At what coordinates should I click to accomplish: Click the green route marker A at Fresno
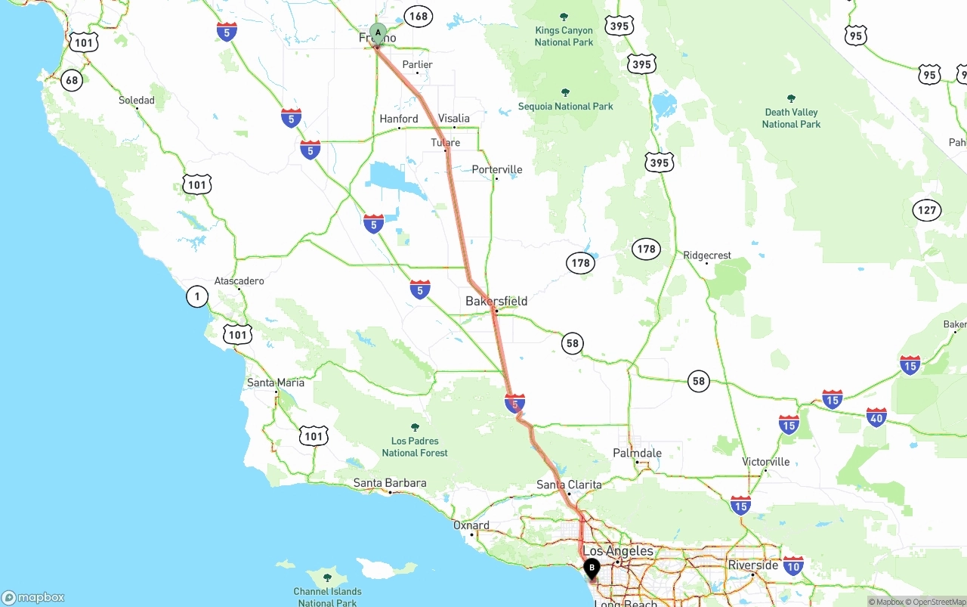click(x=378, y=33)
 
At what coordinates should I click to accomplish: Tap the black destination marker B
click(x=592, y=567)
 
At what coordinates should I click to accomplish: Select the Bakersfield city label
click(x=496, y=301)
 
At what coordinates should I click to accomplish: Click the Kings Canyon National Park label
click(x=564, y=36)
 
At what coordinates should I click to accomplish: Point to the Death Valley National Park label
click(x=791, y=118)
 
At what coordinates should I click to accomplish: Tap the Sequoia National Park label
click(x=565, y=106)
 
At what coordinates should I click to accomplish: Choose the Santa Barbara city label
click(x=390, y=483)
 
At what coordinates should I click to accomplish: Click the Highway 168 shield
click(x=418, y=16)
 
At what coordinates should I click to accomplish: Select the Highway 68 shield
click(x=72, y=80)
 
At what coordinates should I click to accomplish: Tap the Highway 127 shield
click(x=927, y=210)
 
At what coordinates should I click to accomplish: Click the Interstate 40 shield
click(x=876, y=417)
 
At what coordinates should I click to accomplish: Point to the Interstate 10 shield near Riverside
click(x=793, y=565)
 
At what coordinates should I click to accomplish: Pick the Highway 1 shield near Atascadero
click(x=197, y=296)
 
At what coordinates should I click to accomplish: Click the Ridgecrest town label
click(x=707, y=255)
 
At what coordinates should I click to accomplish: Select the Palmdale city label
click(x=638, y=453)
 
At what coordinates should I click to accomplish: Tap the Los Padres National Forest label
click(x=415, y=446)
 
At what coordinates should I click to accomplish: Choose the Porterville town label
click(x=497, y=169)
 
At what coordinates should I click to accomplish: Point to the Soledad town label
click(x=137, y=100)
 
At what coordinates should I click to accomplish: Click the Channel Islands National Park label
click(x=327, y=596)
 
